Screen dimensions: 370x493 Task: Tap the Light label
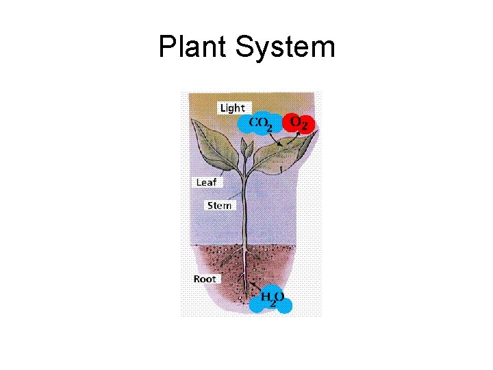tap(232, 108)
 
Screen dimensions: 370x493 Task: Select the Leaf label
tap(205, 182)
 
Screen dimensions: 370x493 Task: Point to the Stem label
tap(219, 206)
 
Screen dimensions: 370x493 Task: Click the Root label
tap(204, 279)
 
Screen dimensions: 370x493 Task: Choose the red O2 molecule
tap(301, 123)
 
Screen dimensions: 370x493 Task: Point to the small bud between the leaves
tap(248, 147)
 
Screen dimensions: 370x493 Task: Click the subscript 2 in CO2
tap(269, 127)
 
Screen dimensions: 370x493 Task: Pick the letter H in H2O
tap(266, 297)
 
